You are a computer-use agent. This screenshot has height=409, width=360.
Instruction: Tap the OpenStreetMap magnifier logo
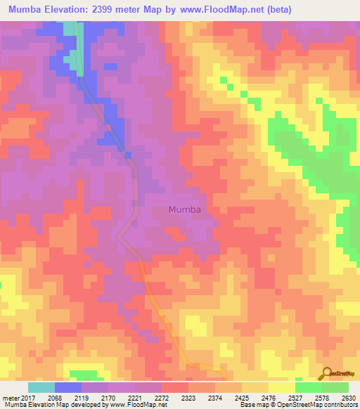coord(326,373)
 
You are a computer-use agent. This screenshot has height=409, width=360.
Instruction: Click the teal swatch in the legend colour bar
coord(41,387)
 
